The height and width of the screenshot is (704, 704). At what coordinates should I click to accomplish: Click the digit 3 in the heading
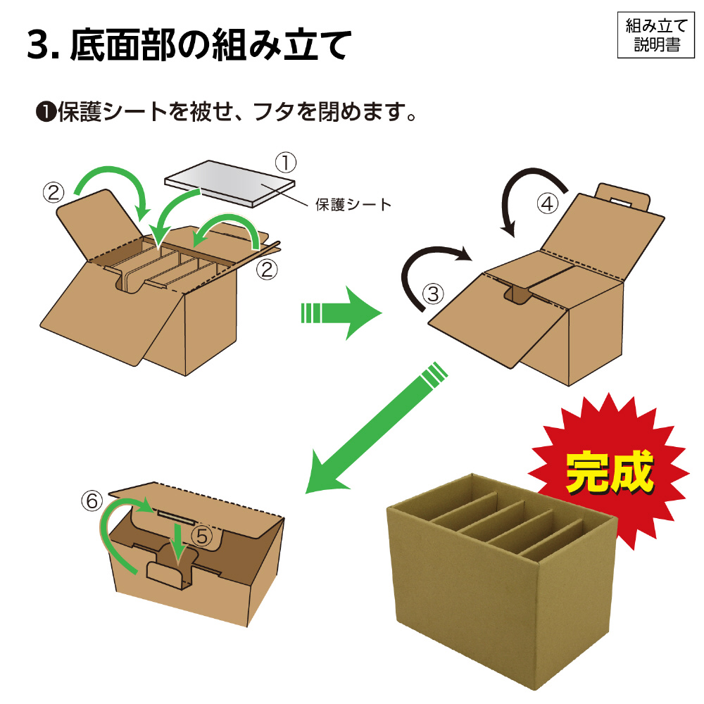(39, 45)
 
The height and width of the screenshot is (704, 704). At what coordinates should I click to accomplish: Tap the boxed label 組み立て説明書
(656, 35)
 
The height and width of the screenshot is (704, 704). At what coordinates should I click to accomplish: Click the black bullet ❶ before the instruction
(46, 112)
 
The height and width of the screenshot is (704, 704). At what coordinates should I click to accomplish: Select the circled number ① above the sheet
(286, 163)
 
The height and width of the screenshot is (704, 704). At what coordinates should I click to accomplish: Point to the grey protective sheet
(230, 184)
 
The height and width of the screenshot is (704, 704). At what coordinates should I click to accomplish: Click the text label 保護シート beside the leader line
(353, 205)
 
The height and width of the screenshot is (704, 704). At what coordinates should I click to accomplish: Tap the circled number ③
(433, 294)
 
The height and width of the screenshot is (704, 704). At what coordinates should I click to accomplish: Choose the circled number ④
(548, 203)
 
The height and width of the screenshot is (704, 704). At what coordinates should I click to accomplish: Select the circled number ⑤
(202, 536)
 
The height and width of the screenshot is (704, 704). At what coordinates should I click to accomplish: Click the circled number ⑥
(92, 501)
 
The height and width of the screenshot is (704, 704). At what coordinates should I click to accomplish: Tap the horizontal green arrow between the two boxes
(341, 313)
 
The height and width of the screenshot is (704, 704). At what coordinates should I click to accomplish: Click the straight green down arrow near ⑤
(179, 541)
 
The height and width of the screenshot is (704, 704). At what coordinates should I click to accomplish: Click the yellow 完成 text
(610, 472)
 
